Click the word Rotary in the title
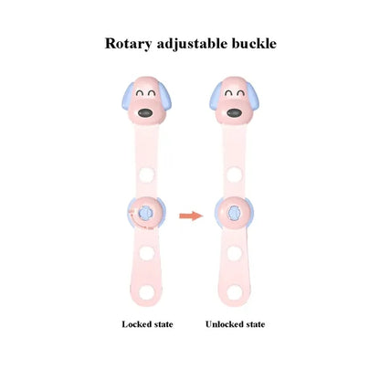click(x=128, y=44)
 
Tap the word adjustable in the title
click(x=192, y=44)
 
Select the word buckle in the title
click(x=254, y=43)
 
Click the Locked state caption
click(x=147, y=324)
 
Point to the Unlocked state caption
click(x=235, y=324)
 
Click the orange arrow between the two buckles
click(x=191, y=216)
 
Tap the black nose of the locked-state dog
click(x=145, y=113)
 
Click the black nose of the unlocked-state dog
click(x=234, y=113)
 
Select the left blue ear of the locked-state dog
click(x=127, y=96)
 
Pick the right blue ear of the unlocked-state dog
click(x=253, y=95)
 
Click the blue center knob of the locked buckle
click(x=145, y=213)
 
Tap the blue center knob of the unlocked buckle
click(x=234, y=213)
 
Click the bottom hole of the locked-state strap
click(x=147, y=292)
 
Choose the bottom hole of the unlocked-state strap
click(x=235, y=292)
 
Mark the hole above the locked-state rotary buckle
click(x=146, y=175)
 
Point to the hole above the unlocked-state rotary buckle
click(x=234, y=174)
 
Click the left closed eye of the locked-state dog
click(x=140, y=93)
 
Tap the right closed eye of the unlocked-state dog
click(x=240, y=93)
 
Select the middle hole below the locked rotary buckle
click(x=147, y=253)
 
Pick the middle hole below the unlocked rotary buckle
click(x=234, y=253)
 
